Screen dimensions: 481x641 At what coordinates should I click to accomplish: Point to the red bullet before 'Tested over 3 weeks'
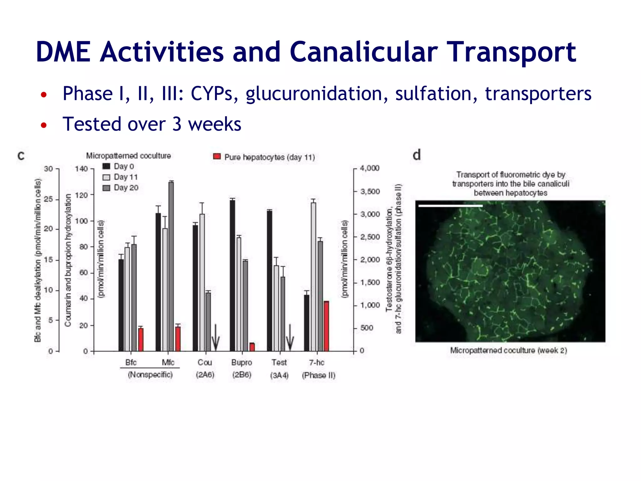tap(44, 125)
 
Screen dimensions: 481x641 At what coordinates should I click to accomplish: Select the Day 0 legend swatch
tap(106, 166)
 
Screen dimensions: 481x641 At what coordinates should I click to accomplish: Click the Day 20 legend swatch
tap(106, 188)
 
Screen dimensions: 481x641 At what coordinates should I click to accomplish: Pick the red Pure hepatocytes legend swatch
tap(217, 157)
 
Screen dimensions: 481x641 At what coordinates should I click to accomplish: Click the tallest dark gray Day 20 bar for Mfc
tap(171, 266)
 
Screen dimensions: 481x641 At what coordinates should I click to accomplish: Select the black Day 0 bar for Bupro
tap(232, 276)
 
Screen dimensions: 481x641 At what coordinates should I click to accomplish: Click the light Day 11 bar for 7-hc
tap(313, 277)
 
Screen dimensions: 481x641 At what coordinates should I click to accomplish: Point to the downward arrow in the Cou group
tap(215, 338)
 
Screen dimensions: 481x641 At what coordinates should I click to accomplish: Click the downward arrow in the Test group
tap(290, 338)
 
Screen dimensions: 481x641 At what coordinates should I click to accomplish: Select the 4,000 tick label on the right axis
tap(370, 168)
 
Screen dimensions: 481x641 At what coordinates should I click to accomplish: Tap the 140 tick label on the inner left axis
tap(81, 169)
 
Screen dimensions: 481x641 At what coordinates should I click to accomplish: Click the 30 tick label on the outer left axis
tap(49, 169)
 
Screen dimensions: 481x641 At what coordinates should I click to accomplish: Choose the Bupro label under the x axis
tap(242, 363)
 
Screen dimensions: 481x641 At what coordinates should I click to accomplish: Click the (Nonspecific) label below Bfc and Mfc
tap(150, 375)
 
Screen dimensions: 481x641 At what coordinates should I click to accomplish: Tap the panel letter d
tap(417, 155)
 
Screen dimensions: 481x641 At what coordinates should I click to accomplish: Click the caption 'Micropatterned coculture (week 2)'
tap(509, 350)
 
